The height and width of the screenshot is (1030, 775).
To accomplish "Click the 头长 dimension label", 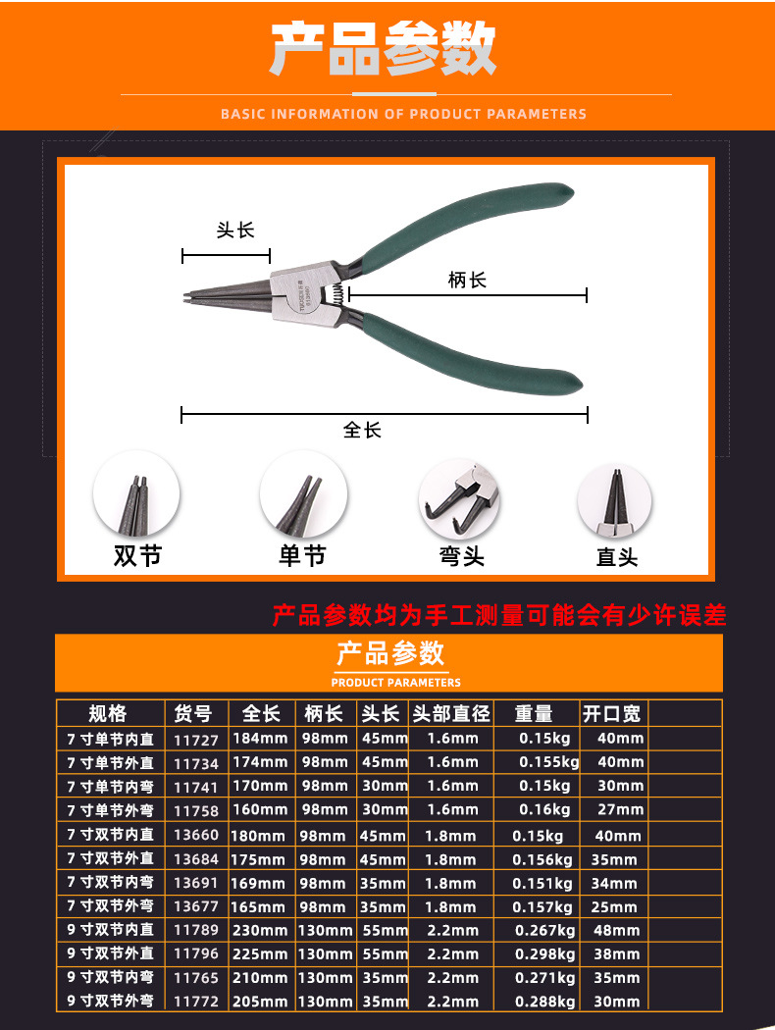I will coord(234,231).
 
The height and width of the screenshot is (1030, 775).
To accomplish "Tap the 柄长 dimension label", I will coord(467,281).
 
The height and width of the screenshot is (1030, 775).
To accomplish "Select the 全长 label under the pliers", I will coord(362,430).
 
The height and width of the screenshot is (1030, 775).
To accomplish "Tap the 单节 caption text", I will coord(301,556).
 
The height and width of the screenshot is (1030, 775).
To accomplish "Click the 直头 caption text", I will coord(617,557).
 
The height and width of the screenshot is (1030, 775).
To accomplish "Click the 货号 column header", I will coord(193,713).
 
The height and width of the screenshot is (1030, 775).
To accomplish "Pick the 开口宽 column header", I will coord(611,713).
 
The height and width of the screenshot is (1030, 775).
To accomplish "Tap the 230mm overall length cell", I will coord(260,930).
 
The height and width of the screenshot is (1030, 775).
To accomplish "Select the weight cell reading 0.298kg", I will coord(545,953).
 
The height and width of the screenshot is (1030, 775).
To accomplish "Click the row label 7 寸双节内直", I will coord(111,835).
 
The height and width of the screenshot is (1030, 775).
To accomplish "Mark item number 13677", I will coord(196,906).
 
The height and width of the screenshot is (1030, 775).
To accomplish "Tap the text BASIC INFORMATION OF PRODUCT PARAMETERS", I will coord(403,114).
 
